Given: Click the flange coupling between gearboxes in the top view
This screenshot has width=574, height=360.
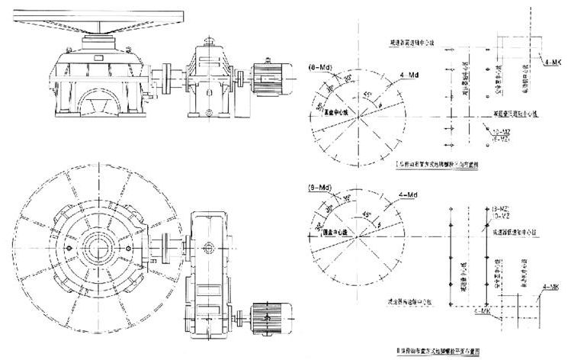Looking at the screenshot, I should pyautogui.click(x=164, y=245).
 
